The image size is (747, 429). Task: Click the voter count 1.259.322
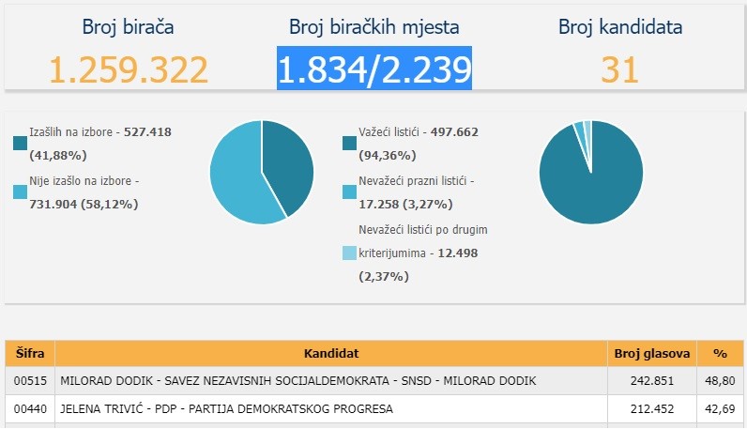pos(129,69)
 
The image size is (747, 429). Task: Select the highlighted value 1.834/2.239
pos(373,69)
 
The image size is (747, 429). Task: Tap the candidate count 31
pos(619,69)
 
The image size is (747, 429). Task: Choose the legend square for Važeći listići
pos(349,144)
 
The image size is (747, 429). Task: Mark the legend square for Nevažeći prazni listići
pos(349,192)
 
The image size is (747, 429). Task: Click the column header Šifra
pos(30,353)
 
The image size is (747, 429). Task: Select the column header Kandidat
pos(331,353)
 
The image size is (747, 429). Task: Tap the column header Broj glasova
pos(652,353)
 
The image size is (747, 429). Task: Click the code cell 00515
pos(30,380)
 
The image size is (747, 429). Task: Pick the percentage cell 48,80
pos(721,380)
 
